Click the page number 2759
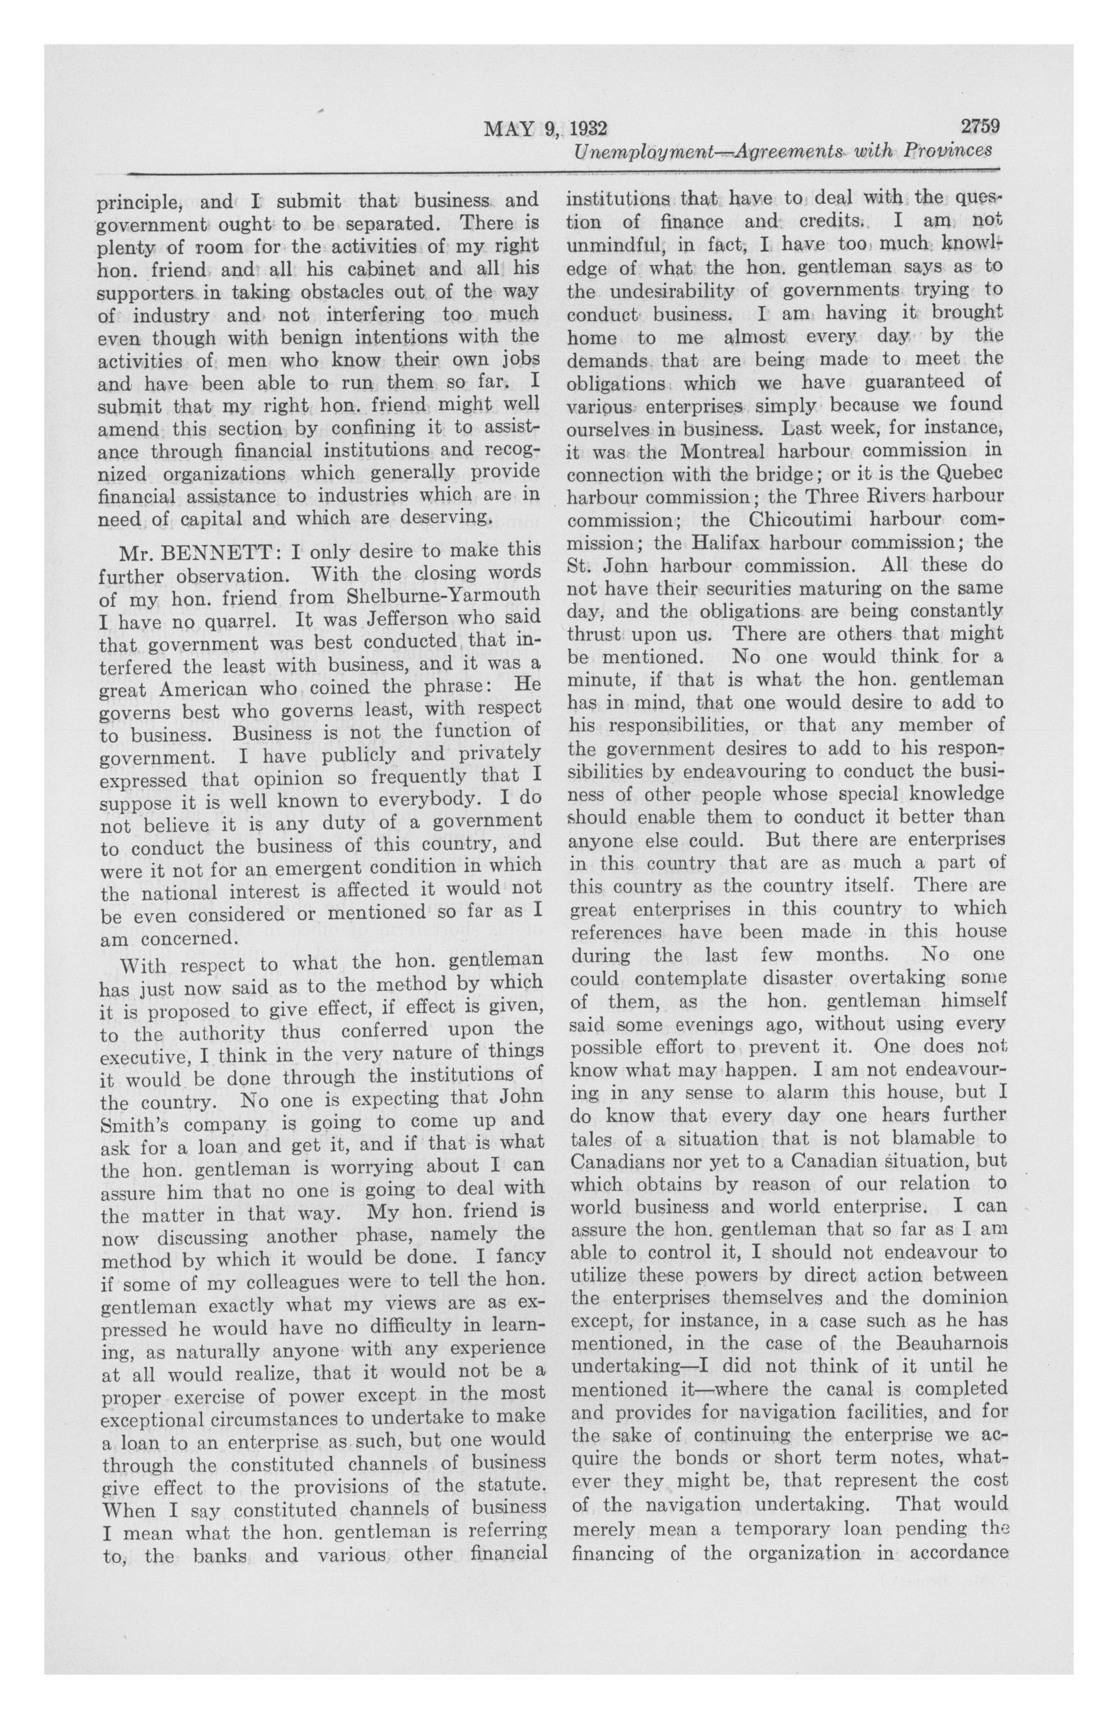(x=979, y=127)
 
